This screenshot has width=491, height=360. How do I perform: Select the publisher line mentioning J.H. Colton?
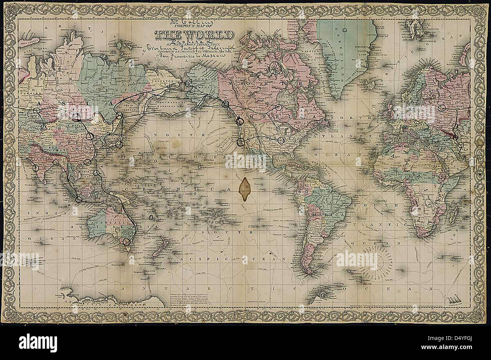click(x=194, y=51)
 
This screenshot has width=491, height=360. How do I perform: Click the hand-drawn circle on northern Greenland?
click(x=345, y=29)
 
